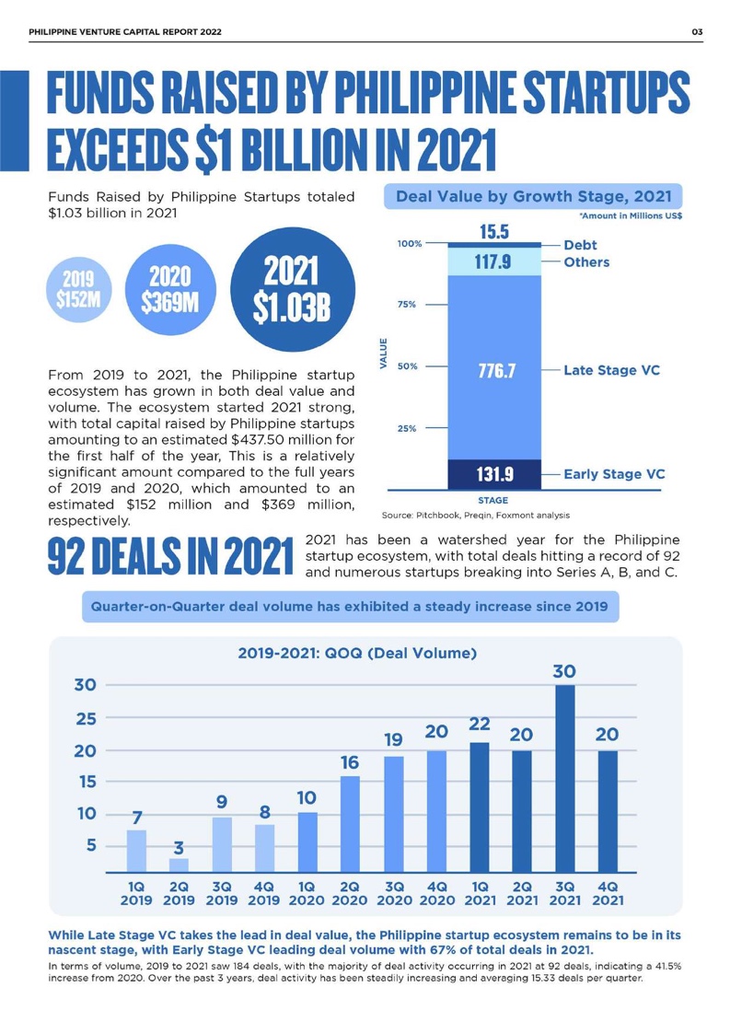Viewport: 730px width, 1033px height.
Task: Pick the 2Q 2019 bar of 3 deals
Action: tap(180, 865)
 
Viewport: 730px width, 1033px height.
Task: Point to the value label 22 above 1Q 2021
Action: tap(479, 724)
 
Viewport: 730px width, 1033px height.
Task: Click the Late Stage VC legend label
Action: tap(611, 370)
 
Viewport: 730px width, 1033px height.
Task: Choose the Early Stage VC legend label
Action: tap(614, 475)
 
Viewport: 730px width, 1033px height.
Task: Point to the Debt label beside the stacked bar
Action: tap(580, 245)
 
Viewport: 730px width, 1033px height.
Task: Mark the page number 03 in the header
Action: tap(697, 33)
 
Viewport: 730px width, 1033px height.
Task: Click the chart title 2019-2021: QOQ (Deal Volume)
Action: tap(356, 655)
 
